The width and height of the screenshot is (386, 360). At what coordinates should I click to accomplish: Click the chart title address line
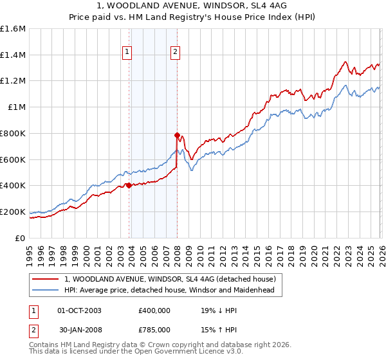(x=193, y=5)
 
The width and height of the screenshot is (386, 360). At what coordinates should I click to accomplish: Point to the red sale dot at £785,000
(x=177, y=135)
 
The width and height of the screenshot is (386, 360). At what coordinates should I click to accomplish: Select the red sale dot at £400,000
(x=129, y=185)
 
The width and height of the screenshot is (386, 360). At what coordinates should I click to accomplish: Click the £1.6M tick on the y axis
(x=13, y=29)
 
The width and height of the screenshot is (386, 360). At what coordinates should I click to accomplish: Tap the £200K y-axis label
(x=13, y=212)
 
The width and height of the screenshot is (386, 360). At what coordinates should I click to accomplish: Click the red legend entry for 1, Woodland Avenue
(x=170, y=279)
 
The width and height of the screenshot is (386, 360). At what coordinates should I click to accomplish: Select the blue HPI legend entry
(x=169, y=291)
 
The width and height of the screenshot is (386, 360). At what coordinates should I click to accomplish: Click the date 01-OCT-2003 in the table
(x=80, y=310)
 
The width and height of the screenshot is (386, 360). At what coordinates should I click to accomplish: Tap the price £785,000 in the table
(x=154, y=331)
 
